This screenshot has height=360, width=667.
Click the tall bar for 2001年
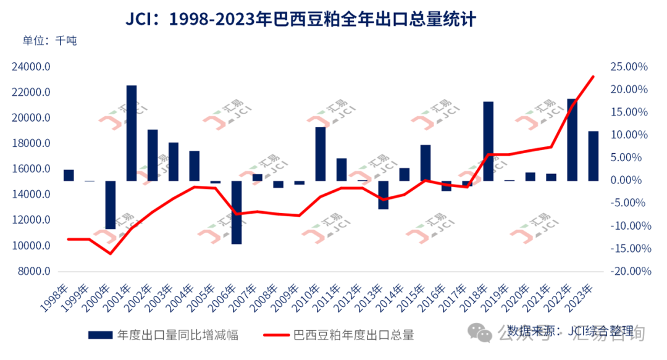coord(132,133)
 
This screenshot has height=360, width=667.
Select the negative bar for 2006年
coord(237,212)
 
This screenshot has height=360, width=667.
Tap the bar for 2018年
coord(488,141)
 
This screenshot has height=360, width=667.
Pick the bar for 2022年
coord(572,140)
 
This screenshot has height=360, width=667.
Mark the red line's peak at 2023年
coord(594,77)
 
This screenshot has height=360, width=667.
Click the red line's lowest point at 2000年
coord(111,253)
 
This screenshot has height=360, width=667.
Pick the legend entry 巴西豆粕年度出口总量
coord(353,335)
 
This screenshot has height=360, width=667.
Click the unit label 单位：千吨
coord(49,41)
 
